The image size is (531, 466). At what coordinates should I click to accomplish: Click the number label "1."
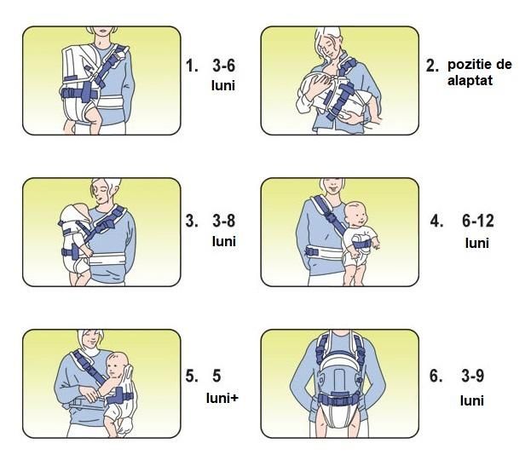192,66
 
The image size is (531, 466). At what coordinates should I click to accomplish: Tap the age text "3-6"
224,66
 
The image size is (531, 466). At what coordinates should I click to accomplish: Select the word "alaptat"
470,81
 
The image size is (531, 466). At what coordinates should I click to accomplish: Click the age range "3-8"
224,221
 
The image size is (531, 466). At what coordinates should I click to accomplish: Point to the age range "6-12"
478,221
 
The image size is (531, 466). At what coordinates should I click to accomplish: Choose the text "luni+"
222,398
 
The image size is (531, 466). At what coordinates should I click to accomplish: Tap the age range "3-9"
473,376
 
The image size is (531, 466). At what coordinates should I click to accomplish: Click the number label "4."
437,221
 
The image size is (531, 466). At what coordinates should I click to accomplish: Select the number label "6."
436,376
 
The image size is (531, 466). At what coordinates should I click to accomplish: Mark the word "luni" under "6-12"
477,243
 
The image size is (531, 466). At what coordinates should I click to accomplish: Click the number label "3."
192,221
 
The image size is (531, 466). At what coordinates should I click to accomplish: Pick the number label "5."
192,376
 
